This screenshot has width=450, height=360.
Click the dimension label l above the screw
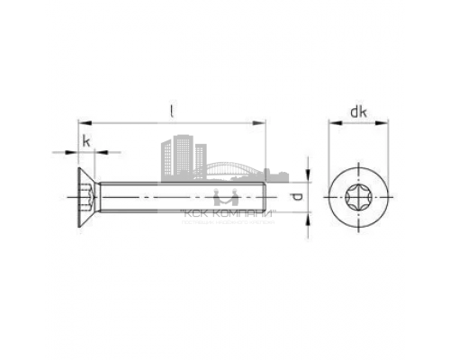click(x=171, y=111)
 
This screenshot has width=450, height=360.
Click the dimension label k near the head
click(x=86, y=141)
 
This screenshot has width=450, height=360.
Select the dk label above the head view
click(x=358, y=113)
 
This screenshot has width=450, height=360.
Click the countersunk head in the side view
click(x=86, y=194)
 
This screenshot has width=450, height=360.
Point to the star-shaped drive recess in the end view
click(x=358, y=194)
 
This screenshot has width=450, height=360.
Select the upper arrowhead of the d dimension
click(x=309, y=177)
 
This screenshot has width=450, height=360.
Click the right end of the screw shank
click(x=265, y=195)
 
